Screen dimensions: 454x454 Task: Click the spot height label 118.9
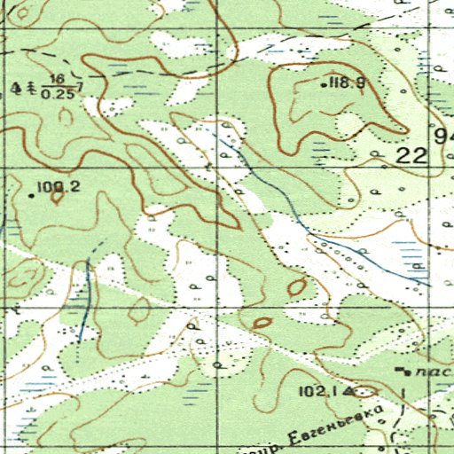tap(348, 83)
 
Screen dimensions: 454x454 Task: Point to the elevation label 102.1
tap(321, 391)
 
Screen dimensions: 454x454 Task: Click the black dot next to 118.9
tap(323, 85)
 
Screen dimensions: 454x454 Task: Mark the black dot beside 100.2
tap(32, 195)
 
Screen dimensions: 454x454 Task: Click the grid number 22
tap(412, 155)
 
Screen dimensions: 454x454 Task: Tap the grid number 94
tap(444, 137)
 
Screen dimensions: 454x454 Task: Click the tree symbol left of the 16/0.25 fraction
tap(32, 88)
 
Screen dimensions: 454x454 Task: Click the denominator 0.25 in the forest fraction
tap(60, 93)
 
